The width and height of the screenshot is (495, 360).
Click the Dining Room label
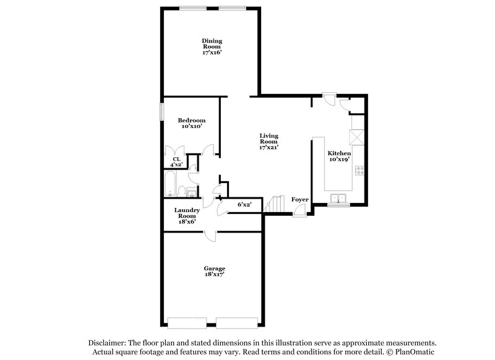tap(212, 41)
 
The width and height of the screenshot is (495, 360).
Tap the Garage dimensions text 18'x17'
tap(215, 275)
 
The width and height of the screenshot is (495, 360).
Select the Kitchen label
tap(339, 153)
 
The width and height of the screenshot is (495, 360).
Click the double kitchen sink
tap(338, 198)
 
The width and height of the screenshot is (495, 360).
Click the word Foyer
tap(300, 200)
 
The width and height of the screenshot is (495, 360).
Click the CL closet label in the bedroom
tap(176, 159)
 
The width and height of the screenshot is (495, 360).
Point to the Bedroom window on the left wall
tap(162, 112)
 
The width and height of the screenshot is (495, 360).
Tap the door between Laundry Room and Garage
tap(211, 236)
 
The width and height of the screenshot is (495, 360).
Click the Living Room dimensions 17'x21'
tap(269, 148)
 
